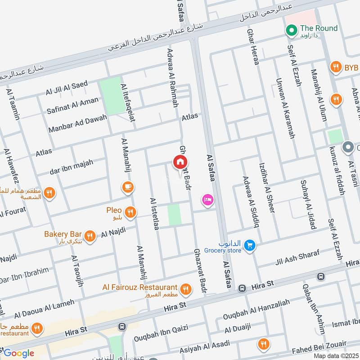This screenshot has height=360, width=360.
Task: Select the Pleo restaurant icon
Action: tap(130, 211)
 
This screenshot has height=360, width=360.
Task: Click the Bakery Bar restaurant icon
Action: tap(90, 235)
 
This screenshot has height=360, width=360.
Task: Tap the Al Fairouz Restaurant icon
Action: tap(185, 289)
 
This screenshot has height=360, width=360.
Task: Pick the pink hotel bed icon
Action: tap(207, 199)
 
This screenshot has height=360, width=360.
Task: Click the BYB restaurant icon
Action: tap(335, 67)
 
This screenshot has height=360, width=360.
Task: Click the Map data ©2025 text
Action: tap(336, 355)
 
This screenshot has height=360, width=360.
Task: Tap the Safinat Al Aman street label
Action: tap(72, 106)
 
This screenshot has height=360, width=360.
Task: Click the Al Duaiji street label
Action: tap(238, 330)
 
